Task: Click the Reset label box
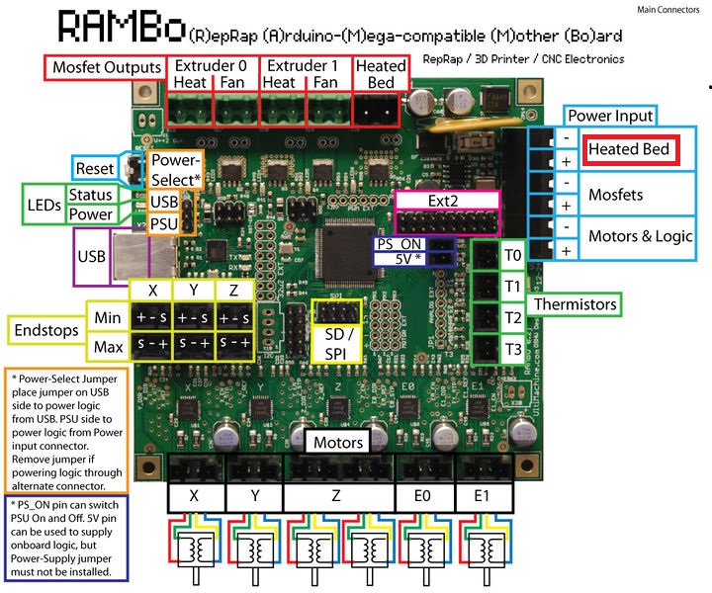pos(95,168)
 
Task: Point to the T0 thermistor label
pos(512,256)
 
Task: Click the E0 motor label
pos(423,495)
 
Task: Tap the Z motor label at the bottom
pos(336,495)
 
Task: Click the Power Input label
pos(608,115)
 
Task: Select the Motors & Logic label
pos(641,236)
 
